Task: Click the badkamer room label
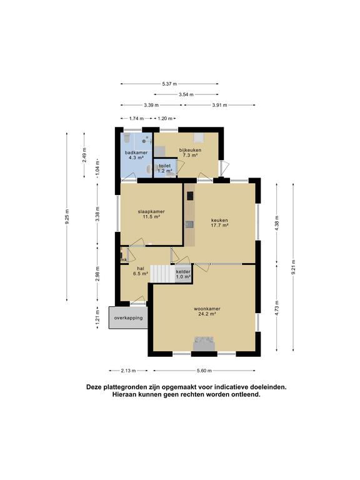click(x=136, y=155)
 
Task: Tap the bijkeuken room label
click(x=190, y=152)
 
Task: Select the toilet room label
click(x=165, y=168)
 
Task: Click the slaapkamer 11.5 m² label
click(x=151, y=214)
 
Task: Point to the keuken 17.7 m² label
click(x=219, y=222)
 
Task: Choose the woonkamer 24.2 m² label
click(x=207, y=311)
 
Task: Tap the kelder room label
click(x=183, y=274)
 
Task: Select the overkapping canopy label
click(x=128, y=317)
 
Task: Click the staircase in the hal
click(x=163, y=274)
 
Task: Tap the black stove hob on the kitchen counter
click(x=190, y=195)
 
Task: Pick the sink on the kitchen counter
click(x=189, y=224)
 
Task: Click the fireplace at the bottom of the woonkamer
click(x=204, y=344)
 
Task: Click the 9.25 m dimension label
click(x=67, y=216)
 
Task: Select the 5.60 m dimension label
click(x=204, y=371)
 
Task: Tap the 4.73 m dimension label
click(x=277, y=308)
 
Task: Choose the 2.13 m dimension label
click(x=128, y=371)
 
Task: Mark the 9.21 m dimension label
click(x=293, y=267)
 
